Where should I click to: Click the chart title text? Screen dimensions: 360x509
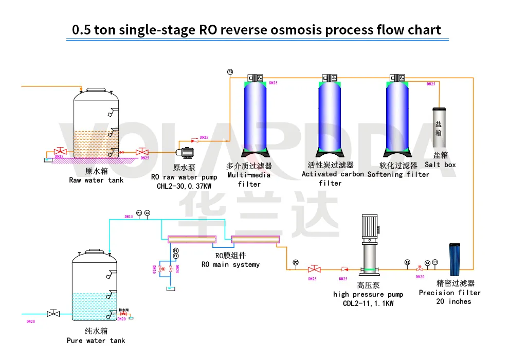coord(256,29)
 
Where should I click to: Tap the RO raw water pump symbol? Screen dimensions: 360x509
coord(184,152)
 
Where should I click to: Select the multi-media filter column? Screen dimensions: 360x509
coord(255,116)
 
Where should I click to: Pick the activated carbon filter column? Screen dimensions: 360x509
coord(329,116)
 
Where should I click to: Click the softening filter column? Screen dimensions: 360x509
coord(399,116)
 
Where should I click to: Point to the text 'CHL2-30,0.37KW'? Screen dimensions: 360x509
coord(184,186)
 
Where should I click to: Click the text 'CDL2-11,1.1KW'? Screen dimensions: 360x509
coord(368,303)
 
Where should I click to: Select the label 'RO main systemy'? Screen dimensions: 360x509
coord(230,264)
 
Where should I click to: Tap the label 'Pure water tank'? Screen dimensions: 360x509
coord(96,340)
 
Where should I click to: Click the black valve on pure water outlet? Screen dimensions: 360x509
coord(52,313)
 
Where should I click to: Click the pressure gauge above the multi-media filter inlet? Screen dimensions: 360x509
coord(230,71)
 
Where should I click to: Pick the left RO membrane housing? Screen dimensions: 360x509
coord(189,239)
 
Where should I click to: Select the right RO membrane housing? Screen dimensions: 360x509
coord(256,239)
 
